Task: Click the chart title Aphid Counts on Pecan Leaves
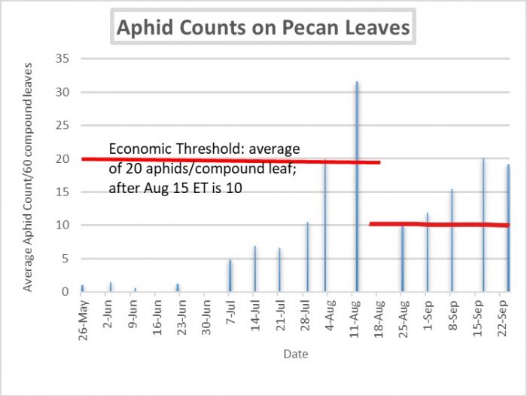click(x=263, y=28)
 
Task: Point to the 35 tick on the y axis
click(x=65, y=60)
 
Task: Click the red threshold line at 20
click(x=226, y=160)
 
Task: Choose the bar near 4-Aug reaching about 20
click(x=325, y=226)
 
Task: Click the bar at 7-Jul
click(x=230, y=275)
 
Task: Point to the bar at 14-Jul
click(x=254, y=269)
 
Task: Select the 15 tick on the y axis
click(x=65, y=192)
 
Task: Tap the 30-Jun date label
click(x=206, y=320)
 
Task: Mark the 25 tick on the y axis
click(x=65, y=126)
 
